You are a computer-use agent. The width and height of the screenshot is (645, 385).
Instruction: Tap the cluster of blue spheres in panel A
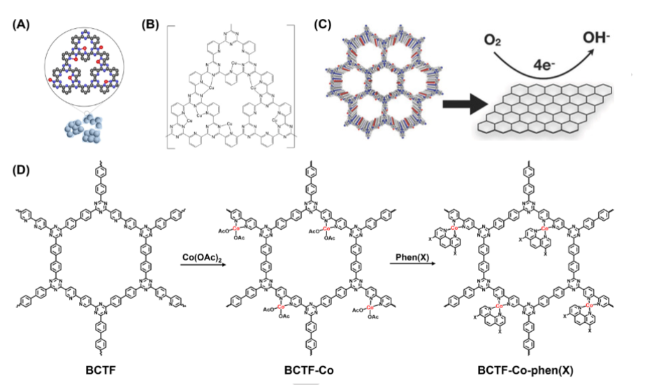pyautogui.click(x=84, y=129)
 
